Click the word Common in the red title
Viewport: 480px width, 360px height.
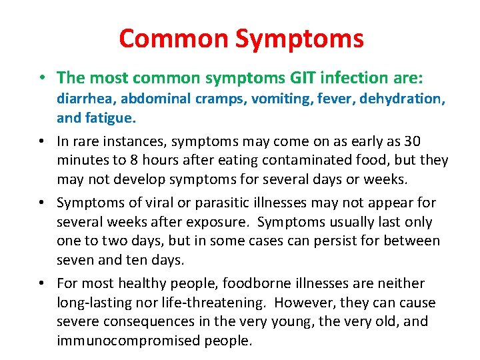(x=173, y=39)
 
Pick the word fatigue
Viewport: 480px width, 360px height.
(x=111, y=118)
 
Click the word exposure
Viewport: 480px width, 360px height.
(x=209, y=222)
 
